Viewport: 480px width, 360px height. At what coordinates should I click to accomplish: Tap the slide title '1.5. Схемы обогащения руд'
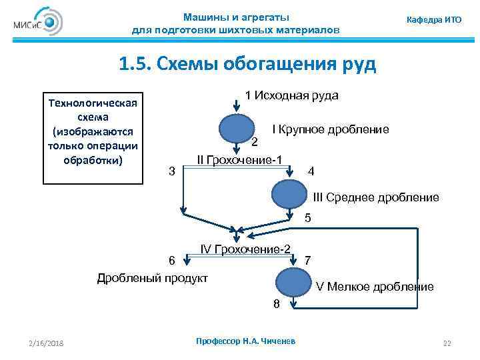[x=247, y=64]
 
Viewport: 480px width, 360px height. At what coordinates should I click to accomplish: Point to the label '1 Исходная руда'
[x=291, y=95]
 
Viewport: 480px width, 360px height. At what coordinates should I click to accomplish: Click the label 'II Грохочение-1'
[x=240, y=159]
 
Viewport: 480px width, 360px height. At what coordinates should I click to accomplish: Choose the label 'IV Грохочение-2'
[x=245, y=249]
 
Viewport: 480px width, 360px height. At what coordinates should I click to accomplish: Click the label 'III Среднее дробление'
[x=376, y=197]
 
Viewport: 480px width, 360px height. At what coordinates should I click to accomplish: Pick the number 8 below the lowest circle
[x=276, y=305]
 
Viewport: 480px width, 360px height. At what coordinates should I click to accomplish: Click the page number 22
[x=447, y=343]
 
